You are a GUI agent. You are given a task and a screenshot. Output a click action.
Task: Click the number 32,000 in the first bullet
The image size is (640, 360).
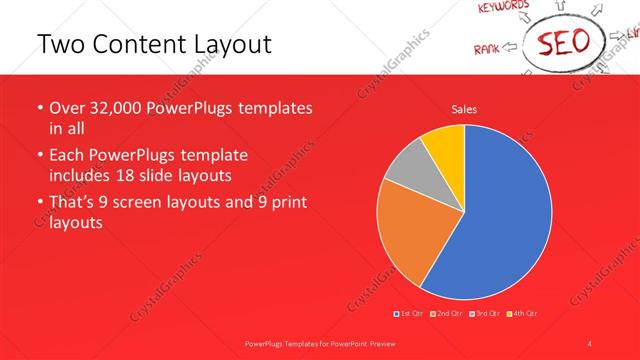pos(118,108)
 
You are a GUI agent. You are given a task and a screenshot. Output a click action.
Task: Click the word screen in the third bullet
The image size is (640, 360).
pos(153,203)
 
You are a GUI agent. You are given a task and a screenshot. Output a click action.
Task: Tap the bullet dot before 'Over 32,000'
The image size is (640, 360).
pos(39,108)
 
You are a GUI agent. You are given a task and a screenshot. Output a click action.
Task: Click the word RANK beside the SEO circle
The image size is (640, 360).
pos(487,47)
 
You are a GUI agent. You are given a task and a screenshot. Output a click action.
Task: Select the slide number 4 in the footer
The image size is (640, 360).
pos(590,342)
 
